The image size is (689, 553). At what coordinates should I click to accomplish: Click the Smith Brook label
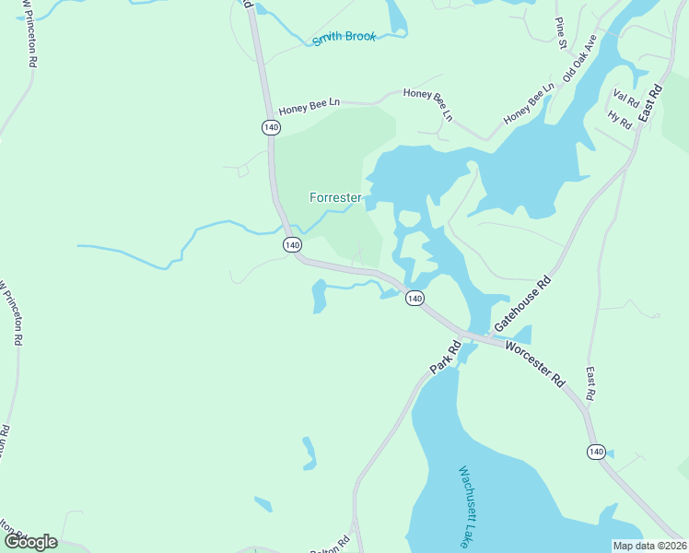click(x=344, y=38)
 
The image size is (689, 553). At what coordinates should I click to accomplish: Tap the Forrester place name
click(x=334, y=197)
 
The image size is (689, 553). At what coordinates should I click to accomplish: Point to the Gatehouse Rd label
click(x=522, y=303)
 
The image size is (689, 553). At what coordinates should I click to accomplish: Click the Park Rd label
click(x=444, y=359)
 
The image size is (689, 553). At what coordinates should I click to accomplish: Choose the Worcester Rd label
click(x=534, y=360)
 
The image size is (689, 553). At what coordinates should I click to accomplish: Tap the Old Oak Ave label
click(x=580, y=58)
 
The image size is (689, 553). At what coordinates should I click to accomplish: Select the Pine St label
click(x=559, y=30)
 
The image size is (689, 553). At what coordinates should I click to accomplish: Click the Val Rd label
click(x=625, y=97)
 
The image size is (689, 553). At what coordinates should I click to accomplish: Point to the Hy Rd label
click(x=619, y=120)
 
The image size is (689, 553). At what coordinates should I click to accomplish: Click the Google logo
click(x=29, y=541)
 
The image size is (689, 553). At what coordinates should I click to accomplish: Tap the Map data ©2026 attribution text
click(x=648, y=546)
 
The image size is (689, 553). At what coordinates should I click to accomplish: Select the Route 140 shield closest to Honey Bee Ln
click(x=271, y=127)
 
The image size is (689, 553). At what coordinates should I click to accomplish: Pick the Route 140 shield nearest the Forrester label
click(x=292, y=244)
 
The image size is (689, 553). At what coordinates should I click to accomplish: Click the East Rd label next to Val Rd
click(x=650, y=104)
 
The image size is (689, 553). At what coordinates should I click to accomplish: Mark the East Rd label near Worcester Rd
click(x=590, y=383)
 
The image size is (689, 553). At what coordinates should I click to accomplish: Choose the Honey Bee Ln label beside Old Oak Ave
click(x=529, y=105)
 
